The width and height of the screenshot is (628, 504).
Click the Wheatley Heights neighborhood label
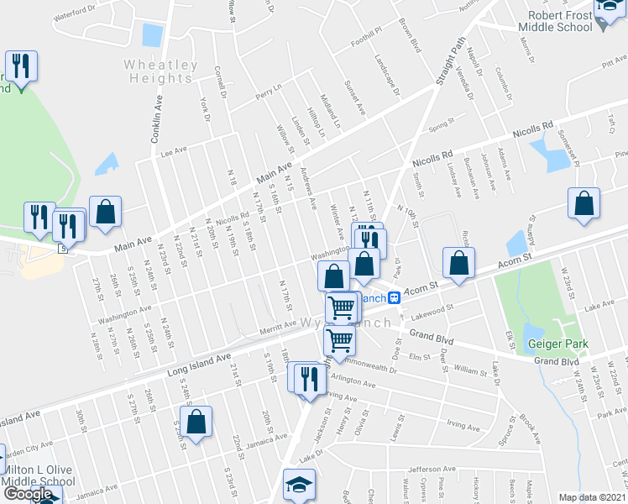click(x=161, y=71)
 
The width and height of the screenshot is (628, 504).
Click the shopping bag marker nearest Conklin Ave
click(x=107, y=213)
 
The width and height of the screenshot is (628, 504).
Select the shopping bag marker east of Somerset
click(x=584, y=205)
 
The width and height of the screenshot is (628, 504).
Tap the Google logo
click(x=28, y=493)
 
